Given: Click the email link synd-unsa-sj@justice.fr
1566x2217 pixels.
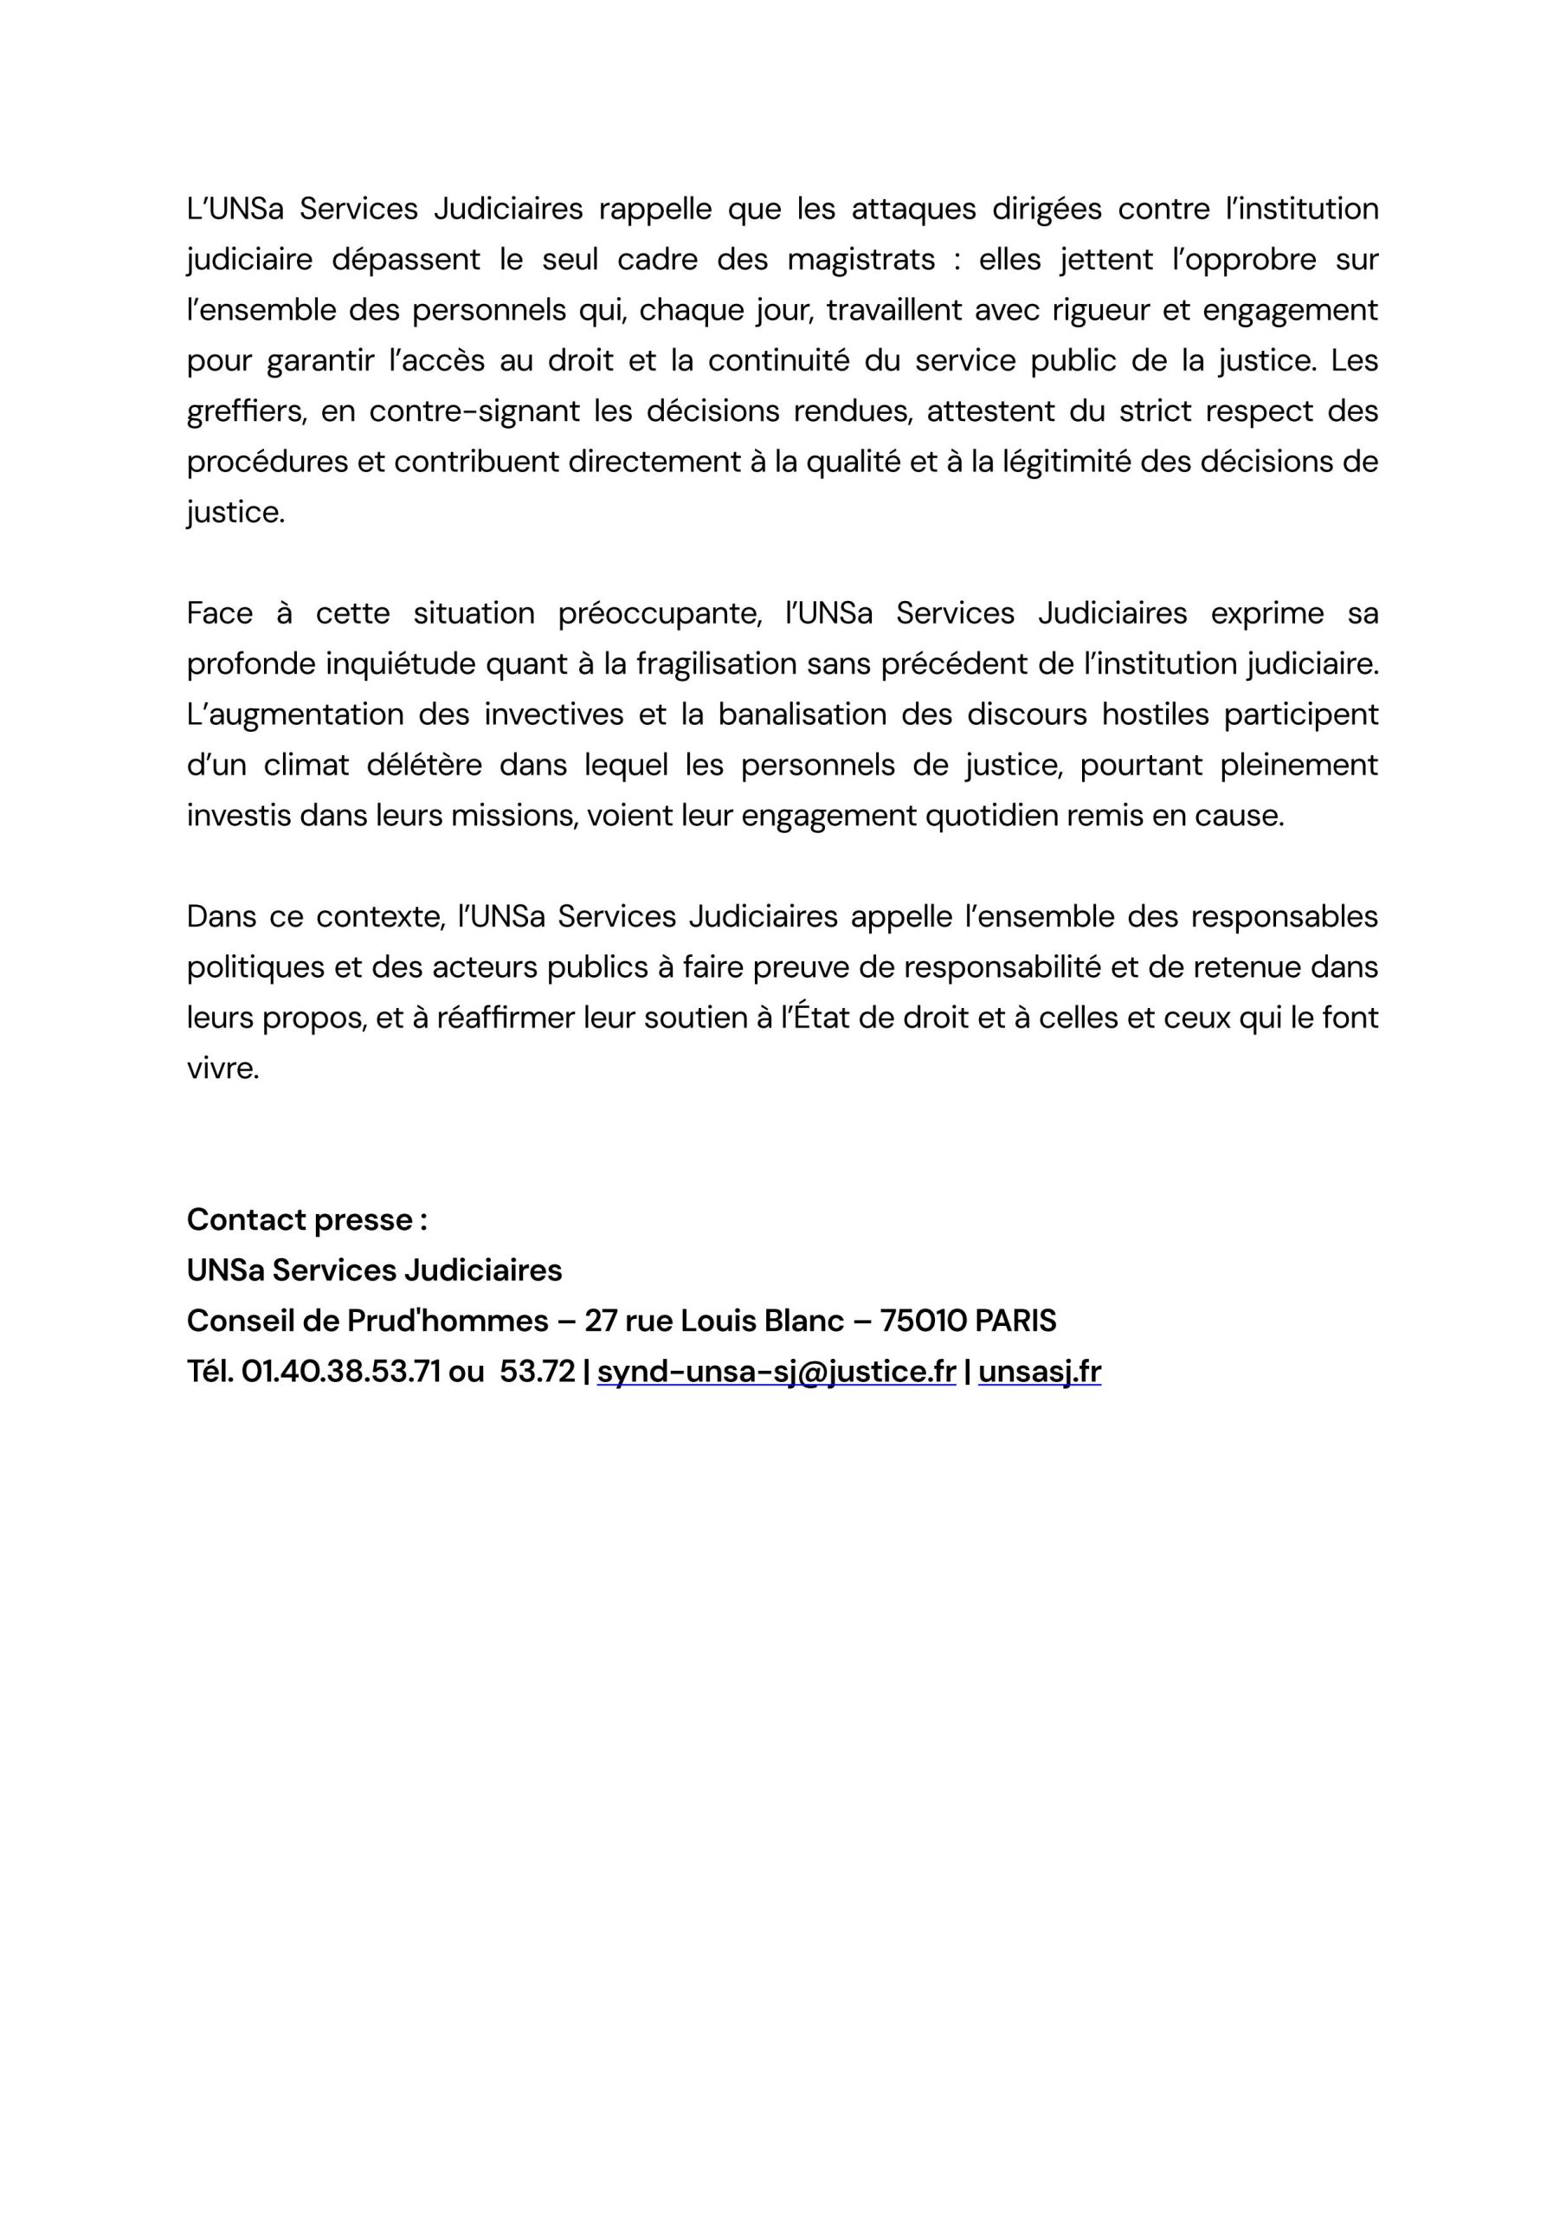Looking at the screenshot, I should [777, 1371].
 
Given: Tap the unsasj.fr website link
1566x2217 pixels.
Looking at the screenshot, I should [1039, 1371].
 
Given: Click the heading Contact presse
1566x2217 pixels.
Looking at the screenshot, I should [307, 1219].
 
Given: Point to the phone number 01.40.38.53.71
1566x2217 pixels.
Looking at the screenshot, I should [341, 1371].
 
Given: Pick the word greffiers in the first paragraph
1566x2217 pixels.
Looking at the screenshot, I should [246, 411].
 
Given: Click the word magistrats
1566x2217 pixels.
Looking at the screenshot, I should [861, 260].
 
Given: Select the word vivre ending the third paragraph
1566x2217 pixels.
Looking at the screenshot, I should [223, 1069].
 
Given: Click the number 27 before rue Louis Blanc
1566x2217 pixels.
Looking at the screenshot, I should [601, 1320].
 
